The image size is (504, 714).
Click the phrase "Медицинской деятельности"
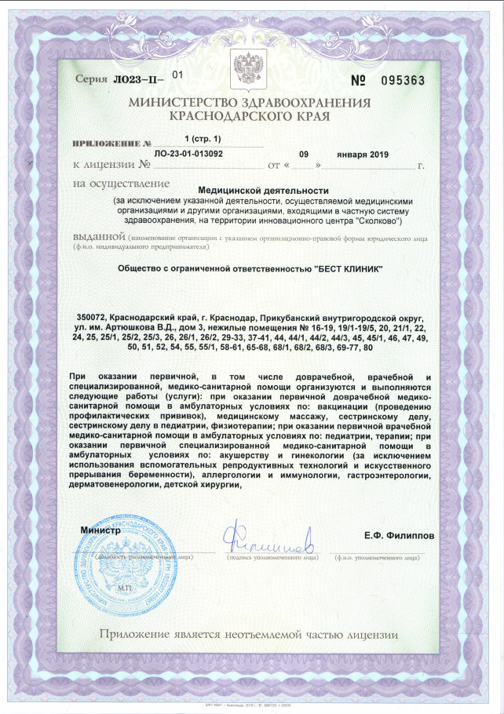click(x=262, y=190)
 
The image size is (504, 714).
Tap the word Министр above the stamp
click(x=100, y=530)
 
